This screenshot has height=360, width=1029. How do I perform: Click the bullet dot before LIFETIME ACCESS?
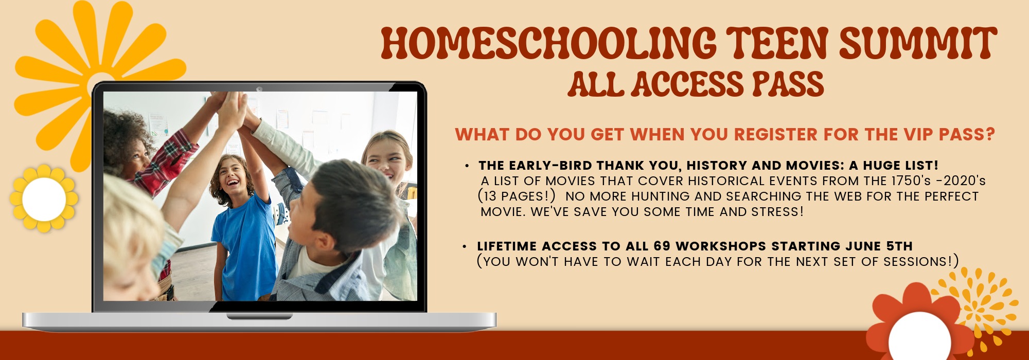point(465,247)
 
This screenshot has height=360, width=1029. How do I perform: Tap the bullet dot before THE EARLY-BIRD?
point(467,166)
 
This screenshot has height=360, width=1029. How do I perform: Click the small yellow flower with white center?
point(44,199)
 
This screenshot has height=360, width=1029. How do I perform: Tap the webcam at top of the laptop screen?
point(259,89)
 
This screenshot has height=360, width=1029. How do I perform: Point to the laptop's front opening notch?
point(259,316)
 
